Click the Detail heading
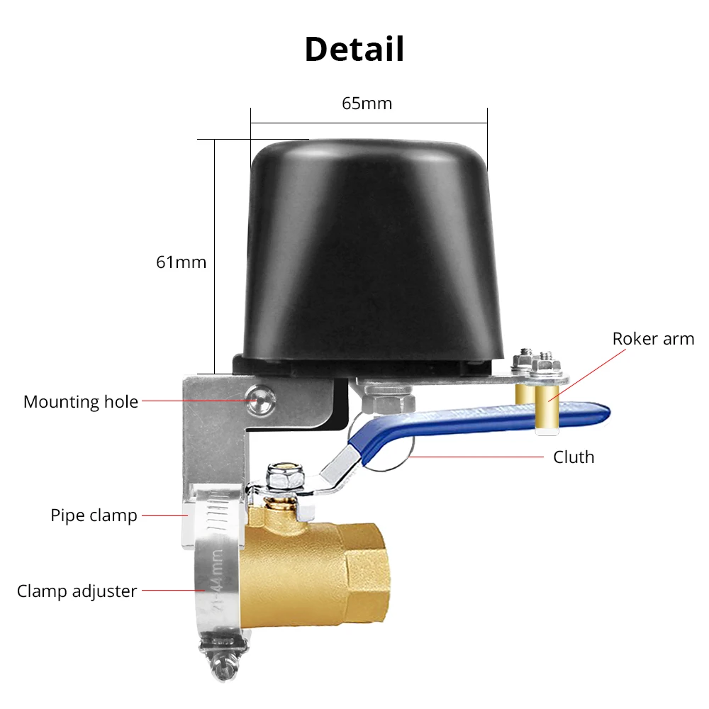354,50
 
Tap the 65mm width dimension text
367,104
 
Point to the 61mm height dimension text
182,262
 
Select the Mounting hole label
81,402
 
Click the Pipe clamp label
94,515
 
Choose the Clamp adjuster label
77,591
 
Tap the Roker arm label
653,339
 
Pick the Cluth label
574,457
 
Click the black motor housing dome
368,255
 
